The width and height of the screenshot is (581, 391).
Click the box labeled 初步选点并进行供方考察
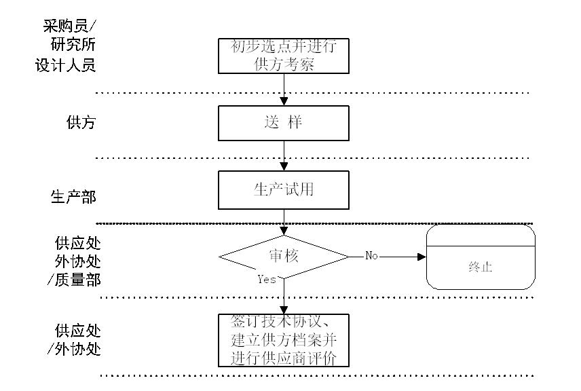283,56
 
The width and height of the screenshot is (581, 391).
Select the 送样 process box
283,123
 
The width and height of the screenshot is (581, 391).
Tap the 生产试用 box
283,189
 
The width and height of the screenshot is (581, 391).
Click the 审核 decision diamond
283,257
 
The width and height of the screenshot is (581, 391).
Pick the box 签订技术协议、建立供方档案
283,339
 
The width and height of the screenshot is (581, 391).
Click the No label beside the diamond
371,256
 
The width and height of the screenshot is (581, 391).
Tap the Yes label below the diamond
267,279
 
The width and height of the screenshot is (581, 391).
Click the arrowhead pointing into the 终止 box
421,257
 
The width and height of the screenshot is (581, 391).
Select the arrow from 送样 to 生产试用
284,155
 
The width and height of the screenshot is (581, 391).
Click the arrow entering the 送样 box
284,89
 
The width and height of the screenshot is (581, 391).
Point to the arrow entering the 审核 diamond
284,222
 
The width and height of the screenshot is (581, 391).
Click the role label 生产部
73,198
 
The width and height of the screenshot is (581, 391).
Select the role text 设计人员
65,66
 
